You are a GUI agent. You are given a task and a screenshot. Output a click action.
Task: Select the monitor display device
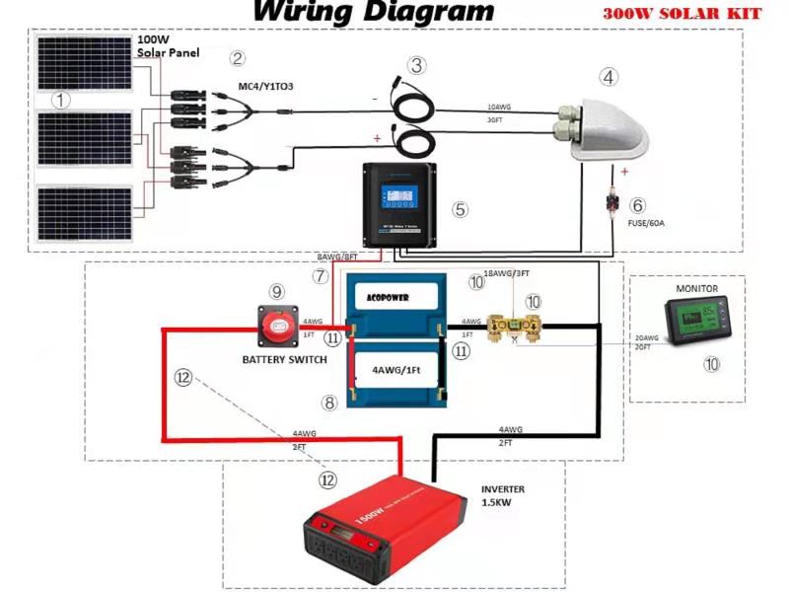[696, 325]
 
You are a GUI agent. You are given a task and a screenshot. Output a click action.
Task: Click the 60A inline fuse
[613, 206]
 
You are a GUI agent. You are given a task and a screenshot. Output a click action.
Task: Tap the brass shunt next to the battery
[519, 324]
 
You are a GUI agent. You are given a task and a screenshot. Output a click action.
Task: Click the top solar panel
[86, 64]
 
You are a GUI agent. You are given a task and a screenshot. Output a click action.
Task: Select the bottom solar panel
[86, 212]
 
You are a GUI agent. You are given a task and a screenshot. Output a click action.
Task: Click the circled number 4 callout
[610, 76]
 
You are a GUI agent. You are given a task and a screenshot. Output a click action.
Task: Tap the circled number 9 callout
[277, 291]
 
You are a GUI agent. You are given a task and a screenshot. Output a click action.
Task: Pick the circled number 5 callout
[459, 209]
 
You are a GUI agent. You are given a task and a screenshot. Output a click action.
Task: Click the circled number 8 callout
[330, 402]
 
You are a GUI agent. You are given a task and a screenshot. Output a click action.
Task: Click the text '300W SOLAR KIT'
[688, 15]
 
